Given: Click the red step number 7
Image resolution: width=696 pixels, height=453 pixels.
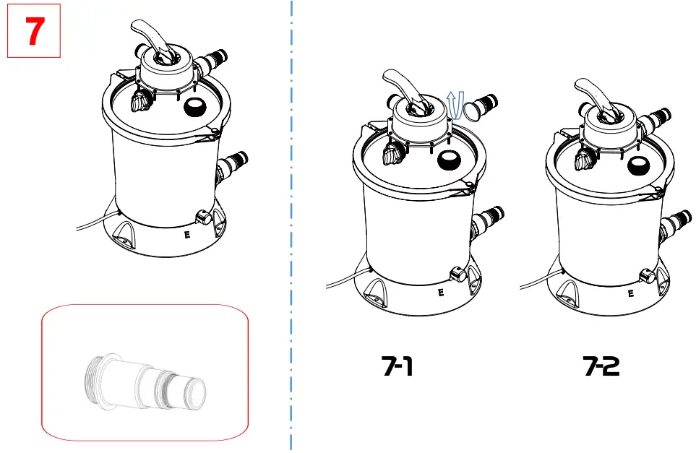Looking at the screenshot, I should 33,33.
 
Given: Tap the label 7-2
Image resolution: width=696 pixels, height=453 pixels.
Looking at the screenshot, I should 601,367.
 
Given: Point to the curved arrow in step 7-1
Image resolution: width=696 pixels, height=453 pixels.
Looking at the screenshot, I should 455,105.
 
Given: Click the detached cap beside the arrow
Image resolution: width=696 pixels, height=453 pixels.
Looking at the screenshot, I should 474,111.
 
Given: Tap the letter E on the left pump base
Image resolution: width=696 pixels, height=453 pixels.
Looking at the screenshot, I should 187,234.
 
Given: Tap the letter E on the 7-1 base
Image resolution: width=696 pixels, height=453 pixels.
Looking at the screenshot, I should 440,293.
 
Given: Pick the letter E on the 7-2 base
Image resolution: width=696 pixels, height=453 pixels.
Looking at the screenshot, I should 631,293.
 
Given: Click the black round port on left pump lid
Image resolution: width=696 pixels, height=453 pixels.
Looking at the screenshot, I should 195,108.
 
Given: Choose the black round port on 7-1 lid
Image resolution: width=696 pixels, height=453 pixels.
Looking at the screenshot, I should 449,160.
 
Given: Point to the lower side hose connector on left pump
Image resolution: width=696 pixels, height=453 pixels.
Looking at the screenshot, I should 233,165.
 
